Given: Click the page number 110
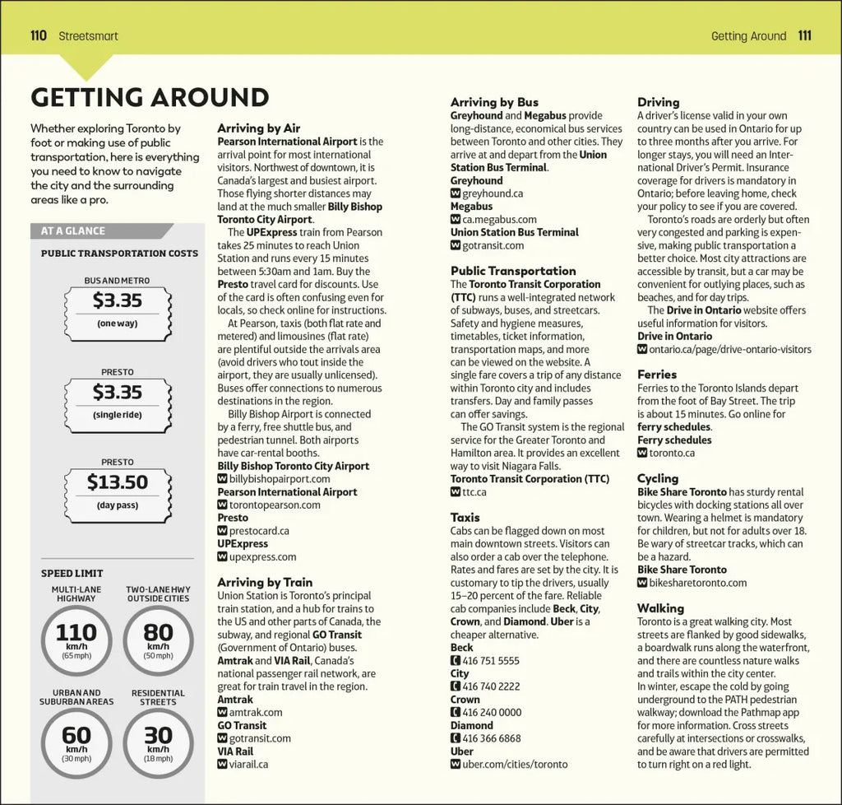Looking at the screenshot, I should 38,35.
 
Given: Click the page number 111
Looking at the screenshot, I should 804,35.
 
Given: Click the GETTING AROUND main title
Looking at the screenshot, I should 150,97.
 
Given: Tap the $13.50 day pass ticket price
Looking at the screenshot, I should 117,482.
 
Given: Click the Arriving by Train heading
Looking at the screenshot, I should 265,582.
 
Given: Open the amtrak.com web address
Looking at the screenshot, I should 256,712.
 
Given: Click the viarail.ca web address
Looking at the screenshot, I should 248,764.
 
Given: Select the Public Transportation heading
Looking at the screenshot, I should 513,271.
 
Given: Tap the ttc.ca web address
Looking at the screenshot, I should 474,491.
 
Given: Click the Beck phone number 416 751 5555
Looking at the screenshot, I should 490,660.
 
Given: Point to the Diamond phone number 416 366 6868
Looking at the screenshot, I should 491,738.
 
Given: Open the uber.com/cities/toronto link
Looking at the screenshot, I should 515,764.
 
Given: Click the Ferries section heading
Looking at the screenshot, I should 657,375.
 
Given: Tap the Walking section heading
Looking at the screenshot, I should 660,608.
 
